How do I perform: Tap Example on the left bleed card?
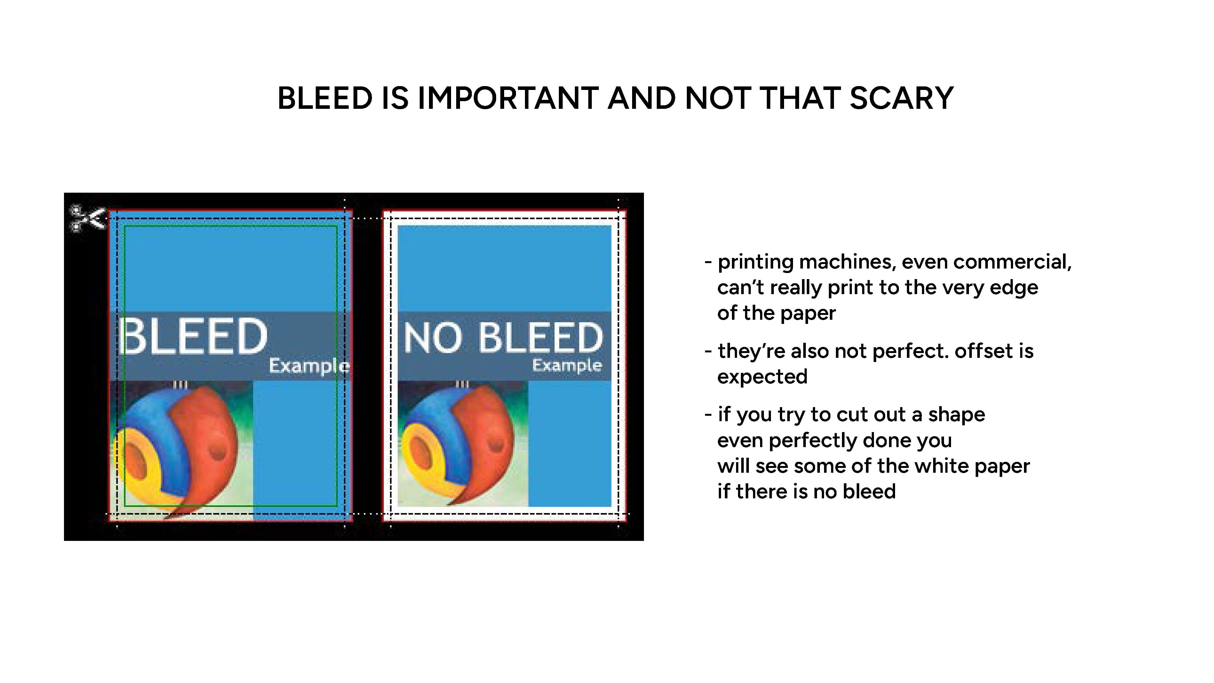coord(309,366)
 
